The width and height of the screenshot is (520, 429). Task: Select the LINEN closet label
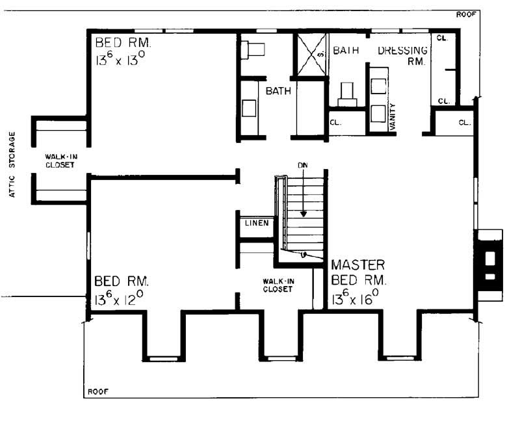(x=254, y=224)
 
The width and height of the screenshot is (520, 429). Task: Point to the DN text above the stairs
(x=302, y=166)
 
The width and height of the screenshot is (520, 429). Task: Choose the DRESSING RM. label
(x=402, y=56)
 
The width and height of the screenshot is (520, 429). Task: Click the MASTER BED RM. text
(x=359, y=273)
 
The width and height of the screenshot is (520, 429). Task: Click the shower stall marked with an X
(x=311, y=55)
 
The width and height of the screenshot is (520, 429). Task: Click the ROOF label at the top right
(x=465, y=14)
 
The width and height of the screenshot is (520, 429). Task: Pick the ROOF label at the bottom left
(x=97, y=392)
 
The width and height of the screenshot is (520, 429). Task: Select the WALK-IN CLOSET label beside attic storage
(x=60, y=161)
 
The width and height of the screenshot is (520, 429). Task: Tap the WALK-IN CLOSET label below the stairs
(x=277, y=285)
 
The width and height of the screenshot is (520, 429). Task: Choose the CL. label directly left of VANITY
(x=335, y=122)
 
